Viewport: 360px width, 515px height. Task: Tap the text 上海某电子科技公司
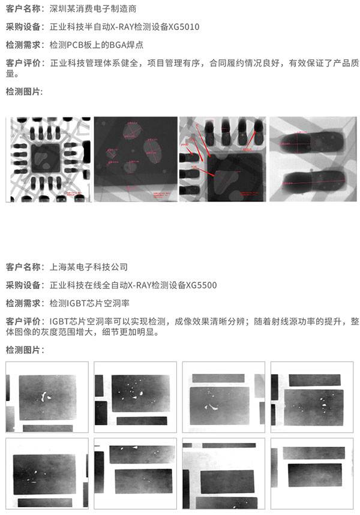(x=89, y=267)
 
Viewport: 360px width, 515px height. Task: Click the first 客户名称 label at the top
(x=24, y=9)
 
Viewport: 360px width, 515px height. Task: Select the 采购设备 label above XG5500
(x=24, y=285)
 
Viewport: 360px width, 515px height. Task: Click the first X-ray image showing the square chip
(x=49, y=159)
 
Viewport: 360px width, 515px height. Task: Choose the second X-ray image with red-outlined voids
(x=136, y=159)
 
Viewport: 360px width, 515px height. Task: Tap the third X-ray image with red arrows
(x=223, y=159)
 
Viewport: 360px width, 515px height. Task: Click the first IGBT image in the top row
(x=47, y=397)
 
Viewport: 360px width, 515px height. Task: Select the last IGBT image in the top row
(x=313, y=397)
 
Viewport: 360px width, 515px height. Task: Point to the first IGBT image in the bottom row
(x=47, y=473)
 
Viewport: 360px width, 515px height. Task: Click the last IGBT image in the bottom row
(x=313, y=473)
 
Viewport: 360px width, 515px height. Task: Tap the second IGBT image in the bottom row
(x=136, y=473)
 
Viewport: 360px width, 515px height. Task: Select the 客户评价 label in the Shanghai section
(x=24, y=321)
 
